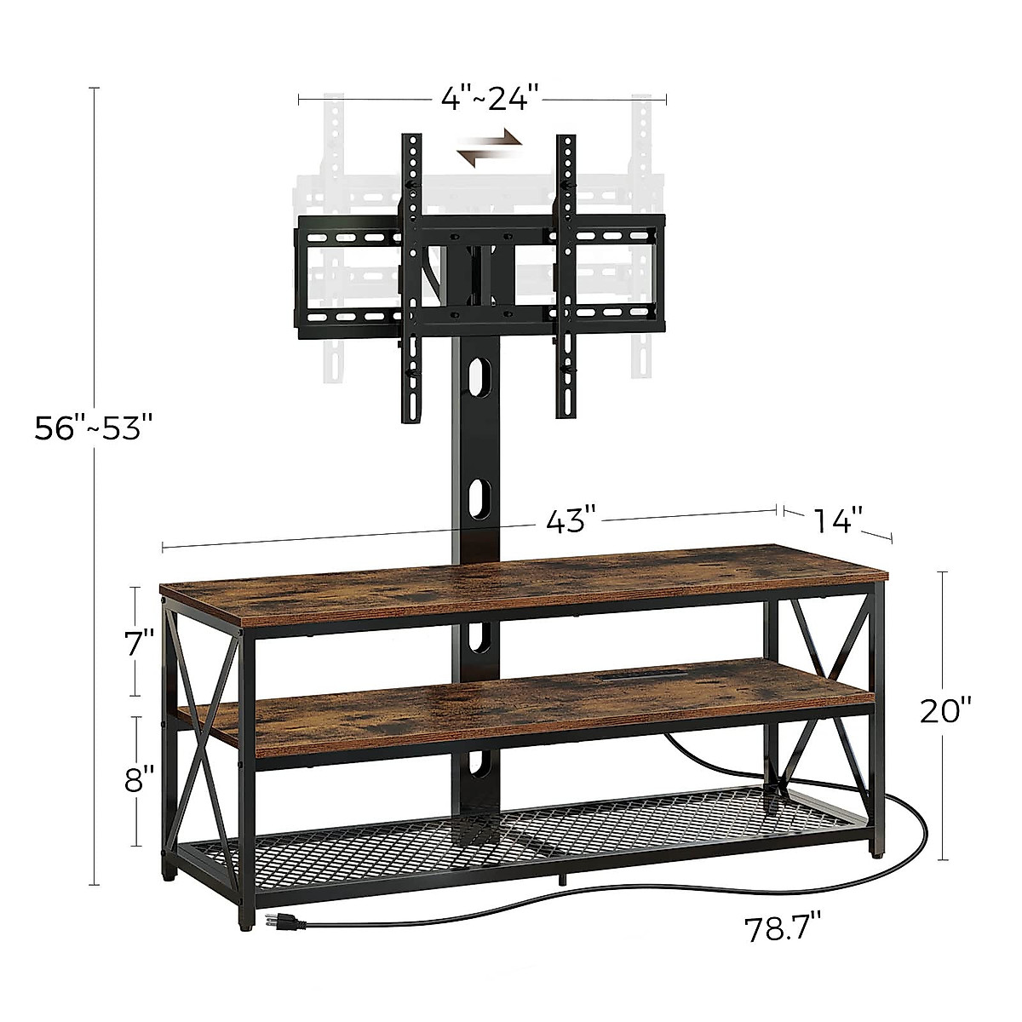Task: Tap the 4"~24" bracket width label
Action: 491,99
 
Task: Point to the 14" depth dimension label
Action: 837,520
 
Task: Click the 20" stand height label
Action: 944,709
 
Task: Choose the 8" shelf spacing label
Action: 139,779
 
